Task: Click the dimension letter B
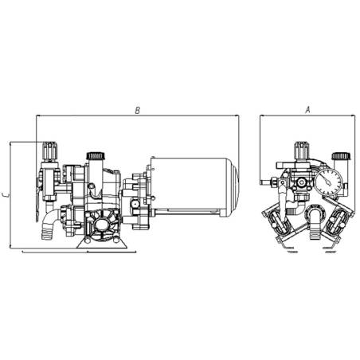[x=138, y=111]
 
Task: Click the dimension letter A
[x=307, y=111]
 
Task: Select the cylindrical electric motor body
[x=191, y=186]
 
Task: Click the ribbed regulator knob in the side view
[x=50, y=149]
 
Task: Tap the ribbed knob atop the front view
[x=303, y=149]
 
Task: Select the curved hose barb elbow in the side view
[x=46, y=225]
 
